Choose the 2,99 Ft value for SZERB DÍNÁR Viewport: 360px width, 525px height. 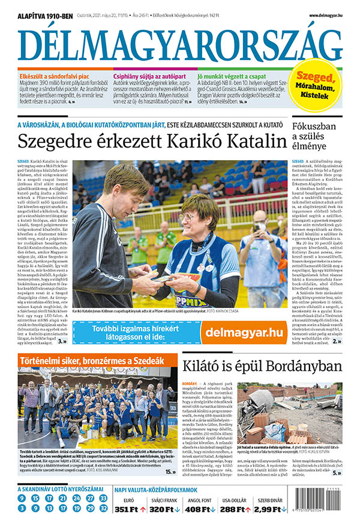(267, 509)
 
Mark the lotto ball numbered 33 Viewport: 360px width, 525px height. (104, 497)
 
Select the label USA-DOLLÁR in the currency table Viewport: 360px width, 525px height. (236, 499)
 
